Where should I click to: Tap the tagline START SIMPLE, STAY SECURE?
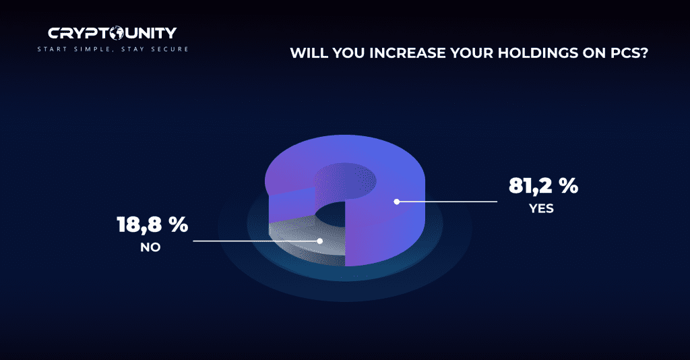pos(113,49)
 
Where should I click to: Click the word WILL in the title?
pos(309,53)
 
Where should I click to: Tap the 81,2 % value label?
pos(544,185)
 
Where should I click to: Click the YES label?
pos(541,208)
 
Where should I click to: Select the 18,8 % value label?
pos(153,224)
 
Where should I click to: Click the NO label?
pos(150,247)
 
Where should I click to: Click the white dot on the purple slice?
pos(397,202)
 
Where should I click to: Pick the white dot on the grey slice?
pos(320,241)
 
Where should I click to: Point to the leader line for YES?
pos(447,202)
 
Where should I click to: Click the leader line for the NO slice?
pos(257,241)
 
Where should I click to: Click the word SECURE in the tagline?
pos(170,49)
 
